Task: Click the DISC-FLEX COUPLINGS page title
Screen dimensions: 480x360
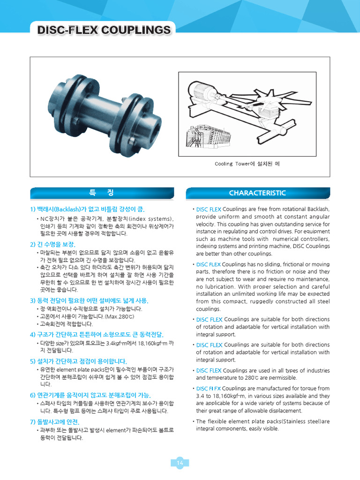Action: click(x=104, y=30)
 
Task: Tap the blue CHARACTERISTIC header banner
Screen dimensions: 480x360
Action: click(x=257, y=193)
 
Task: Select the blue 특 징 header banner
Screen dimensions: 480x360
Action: click(x=101, y=193)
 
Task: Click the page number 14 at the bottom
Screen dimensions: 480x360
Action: click(x=180, y=463)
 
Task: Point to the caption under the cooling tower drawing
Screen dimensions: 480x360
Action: click(x=247, y=164)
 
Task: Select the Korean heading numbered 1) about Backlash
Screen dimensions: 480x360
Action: click(x=87, y=209)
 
